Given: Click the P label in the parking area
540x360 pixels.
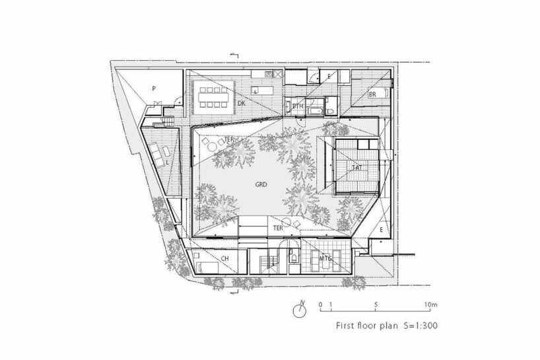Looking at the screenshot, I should click(x=153, y=87).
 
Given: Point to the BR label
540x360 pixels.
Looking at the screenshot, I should click(x=372, y=95).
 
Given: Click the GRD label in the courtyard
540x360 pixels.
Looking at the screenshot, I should click(x=261, y=186).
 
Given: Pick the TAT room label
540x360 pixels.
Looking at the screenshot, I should click(x=356, y=168).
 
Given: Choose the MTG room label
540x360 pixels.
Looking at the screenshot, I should click(x=325, y=258).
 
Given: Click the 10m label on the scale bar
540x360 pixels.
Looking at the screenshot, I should click(x=431, y=304).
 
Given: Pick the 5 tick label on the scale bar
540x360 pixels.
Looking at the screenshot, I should click(x=375, y=304).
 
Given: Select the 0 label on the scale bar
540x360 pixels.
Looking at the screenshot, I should click(x=320, y=304).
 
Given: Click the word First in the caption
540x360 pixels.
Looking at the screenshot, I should click(x=347, y=325).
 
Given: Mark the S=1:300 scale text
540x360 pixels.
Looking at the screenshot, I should click(x=416, y=325).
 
